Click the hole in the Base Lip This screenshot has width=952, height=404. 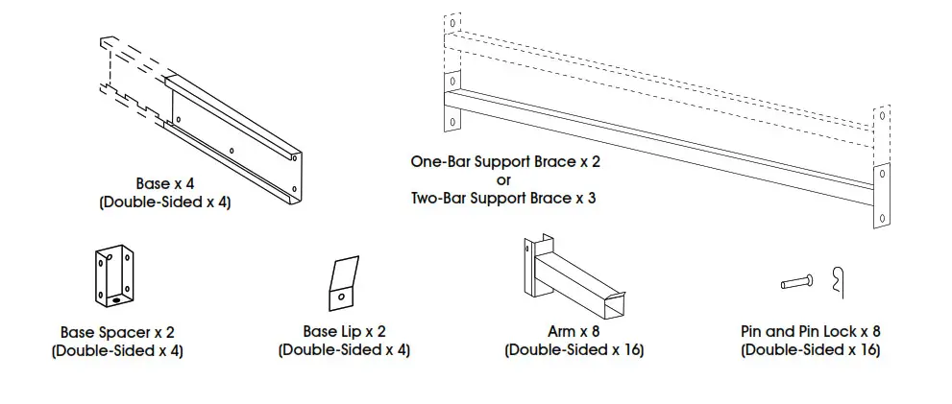342,298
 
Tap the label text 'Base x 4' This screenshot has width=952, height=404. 164,184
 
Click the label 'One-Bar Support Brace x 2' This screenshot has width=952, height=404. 504,163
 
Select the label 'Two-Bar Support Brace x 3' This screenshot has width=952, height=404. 504,199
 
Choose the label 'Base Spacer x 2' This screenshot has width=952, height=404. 116,332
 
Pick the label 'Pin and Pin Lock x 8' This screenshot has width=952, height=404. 810,332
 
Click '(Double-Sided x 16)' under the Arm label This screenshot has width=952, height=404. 574,350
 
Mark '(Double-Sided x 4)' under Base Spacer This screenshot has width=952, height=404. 116,350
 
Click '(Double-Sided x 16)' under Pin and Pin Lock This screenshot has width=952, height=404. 810,350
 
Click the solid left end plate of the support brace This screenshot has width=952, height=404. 451,107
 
